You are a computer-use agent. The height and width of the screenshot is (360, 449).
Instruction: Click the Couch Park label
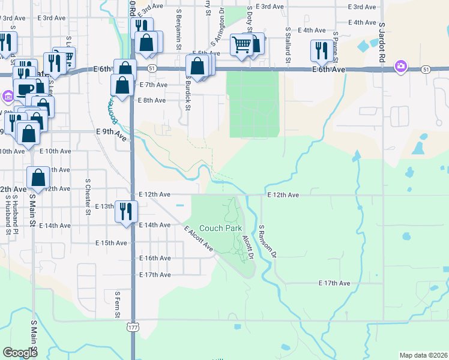click(220, 228)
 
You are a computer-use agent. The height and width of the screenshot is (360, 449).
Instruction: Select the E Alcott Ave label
click(199, 238)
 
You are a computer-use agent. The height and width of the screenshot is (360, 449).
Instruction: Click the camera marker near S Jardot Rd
click(400, 66)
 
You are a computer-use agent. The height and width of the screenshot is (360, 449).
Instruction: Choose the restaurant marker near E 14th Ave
click(126, 211)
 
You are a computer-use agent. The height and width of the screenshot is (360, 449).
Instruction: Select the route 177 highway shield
click(132, 326)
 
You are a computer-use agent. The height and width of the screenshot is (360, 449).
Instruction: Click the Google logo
click(20, 352)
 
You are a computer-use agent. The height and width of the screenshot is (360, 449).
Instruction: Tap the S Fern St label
click(118, 305)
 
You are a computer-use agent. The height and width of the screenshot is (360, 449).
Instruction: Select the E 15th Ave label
click(111, 243)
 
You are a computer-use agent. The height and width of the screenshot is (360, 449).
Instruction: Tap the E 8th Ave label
click(152, 100)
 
